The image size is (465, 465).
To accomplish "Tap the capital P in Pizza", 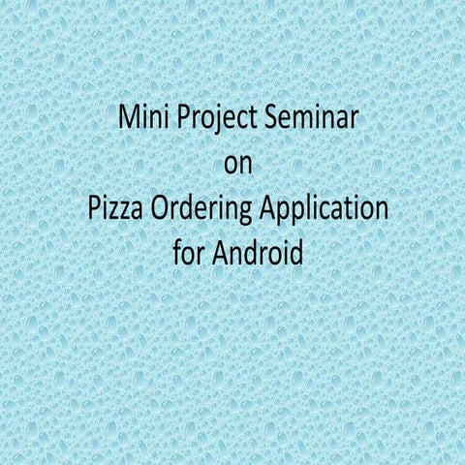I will [x=88, y=209].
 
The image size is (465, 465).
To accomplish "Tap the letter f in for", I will [x=175, y=253].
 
